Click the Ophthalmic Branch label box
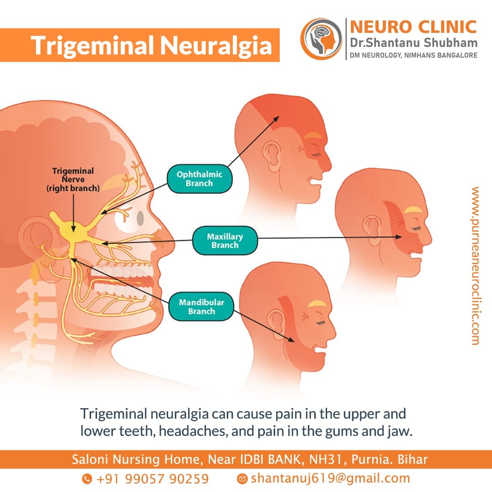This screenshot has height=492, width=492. pos(200,179)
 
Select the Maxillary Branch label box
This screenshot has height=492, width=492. pos(225,241)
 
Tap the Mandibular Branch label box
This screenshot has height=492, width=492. pos(201,307)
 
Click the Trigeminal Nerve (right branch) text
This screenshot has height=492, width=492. pos(73,179)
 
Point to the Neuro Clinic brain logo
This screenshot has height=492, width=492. pos(321,39)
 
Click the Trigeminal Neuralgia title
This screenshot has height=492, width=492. pos(151,45)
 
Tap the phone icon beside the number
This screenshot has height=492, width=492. pos(87,478)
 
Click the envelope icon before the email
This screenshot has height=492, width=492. pos(242,478)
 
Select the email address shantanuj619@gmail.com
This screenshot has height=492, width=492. pos(330,478)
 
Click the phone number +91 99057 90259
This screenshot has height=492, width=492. pos(153,479)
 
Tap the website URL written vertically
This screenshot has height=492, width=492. pos(475,266)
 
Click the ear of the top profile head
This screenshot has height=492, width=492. pos(272,156)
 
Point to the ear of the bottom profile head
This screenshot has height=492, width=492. pos(277,325)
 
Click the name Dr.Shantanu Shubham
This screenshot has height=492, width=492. pos(414,42)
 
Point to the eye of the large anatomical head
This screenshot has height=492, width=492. pos(140,218)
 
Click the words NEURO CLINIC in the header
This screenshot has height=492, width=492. pos(413,26)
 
